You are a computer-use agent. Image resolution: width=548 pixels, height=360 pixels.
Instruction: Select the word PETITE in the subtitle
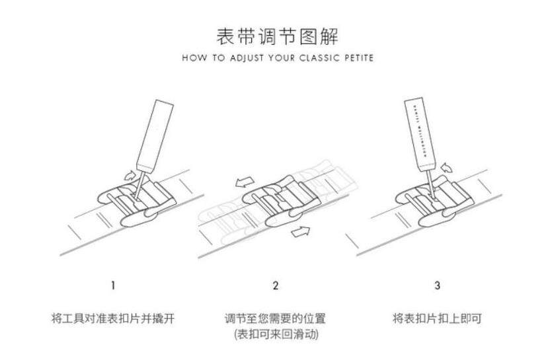click(357, 58)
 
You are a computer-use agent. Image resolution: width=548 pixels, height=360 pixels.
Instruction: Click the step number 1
click(113, 286)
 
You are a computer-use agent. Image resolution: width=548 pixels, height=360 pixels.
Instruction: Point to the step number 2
click(276, 286)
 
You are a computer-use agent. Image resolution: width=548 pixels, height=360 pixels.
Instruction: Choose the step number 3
click(438, 286)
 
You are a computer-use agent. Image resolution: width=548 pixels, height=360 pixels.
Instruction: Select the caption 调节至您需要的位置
click(276, 318)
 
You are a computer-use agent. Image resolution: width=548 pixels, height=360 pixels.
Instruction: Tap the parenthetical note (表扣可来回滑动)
click(276, 335)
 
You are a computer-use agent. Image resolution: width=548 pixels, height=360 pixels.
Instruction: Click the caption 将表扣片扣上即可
click(437, 318)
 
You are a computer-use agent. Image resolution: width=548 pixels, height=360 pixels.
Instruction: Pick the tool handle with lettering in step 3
click(421, 132)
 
